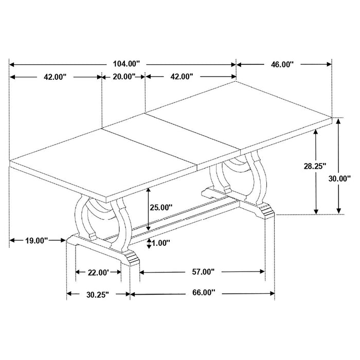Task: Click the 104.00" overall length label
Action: click(125, 64)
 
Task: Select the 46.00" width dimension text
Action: click(282, 64)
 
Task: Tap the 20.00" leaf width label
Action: click(123, 77)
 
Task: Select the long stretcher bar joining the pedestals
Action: click(175, 216)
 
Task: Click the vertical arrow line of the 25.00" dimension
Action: click(148, 208)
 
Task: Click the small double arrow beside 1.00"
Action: click(149, 243)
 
